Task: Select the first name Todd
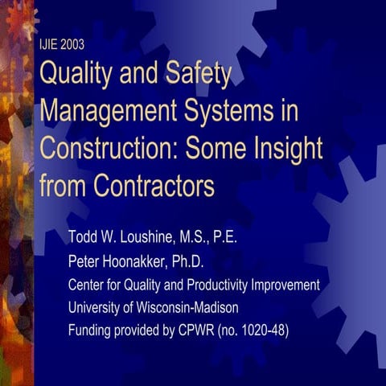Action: (84, 240)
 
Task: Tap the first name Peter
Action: (86, 262)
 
